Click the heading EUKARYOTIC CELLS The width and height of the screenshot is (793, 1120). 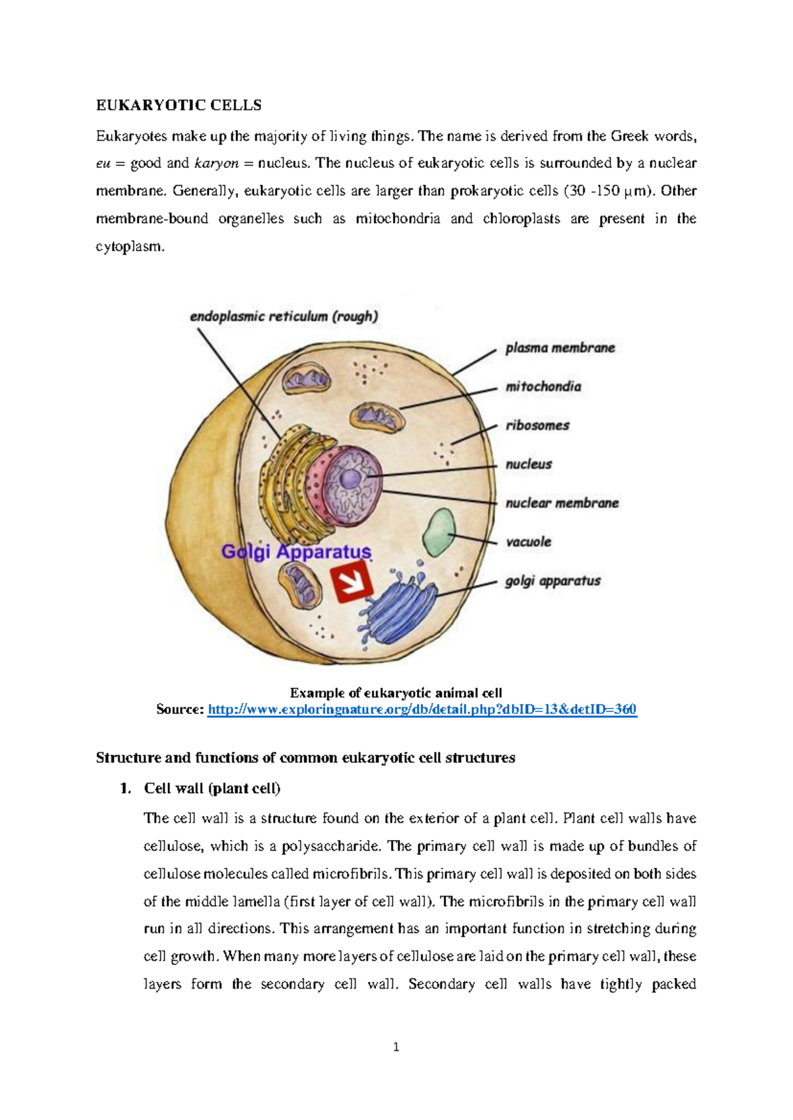pos(178,106)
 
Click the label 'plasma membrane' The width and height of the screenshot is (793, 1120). pos(560,348)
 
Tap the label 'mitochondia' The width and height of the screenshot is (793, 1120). pos(543,387)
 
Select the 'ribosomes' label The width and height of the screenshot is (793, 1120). pos(537,426)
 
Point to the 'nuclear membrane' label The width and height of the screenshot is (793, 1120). pos(562,503)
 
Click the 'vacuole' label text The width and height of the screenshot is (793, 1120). pos(528,542)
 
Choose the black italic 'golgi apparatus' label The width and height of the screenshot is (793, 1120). pos(552,581)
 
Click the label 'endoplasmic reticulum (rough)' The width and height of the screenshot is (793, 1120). pos(283,317)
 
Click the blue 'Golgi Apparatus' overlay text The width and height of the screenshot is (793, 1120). pos(296,552)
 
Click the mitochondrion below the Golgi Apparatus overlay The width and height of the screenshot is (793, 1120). pos(299,586)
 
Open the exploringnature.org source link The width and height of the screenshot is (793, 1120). pos(422,710)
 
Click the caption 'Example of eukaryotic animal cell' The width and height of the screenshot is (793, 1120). pos(396,693)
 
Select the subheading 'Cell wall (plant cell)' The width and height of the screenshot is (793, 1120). pos(212,788)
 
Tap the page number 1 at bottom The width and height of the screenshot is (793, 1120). pos(396,1047)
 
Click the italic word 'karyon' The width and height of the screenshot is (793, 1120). pos(216,163)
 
